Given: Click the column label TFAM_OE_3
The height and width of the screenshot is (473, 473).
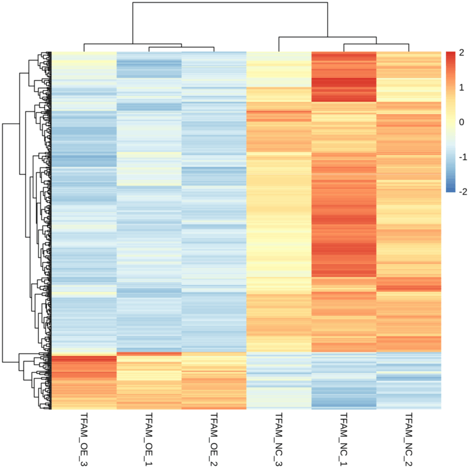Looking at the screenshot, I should [x=83, y=438].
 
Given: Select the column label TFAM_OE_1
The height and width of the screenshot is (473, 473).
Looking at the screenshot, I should [x=148, y=438].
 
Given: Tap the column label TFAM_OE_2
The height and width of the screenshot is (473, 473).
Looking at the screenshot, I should [x=213, y=438].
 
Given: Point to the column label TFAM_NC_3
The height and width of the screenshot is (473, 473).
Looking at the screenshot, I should [x=278, y=438].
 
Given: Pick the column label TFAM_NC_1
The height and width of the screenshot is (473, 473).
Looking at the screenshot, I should [x=343, y=438].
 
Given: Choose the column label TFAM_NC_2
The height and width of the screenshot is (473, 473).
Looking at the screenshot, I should [x=408, y=438].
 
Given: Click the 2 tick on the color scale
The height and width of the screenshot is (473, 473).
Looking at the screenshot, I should [x=461, y=53].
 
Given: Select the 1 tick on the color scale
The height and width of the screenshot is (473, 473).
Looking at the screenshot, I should [x=461, y=87].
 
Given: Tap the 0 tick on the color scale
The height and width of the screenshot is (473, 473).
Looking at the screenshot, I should [x=461, y=122].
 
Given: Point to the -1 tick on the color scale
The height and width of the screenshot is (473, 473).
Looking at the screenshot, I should [x=461, y=157].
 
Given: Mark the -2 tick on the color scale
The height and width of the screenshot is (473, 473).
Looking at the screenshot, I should [x=461, y=192].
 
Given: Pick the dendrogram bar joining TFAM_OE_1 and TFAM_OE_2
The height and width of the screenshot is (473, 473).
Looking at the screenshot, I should [x=181, y=47].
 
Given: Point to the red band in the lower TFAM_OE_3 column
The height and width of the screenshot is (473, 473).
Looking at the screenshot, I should [x=83, y=361].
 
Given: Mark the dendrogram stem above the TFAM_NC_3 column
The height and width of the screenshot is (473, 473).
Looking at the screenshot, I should [x=278, y=44].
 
